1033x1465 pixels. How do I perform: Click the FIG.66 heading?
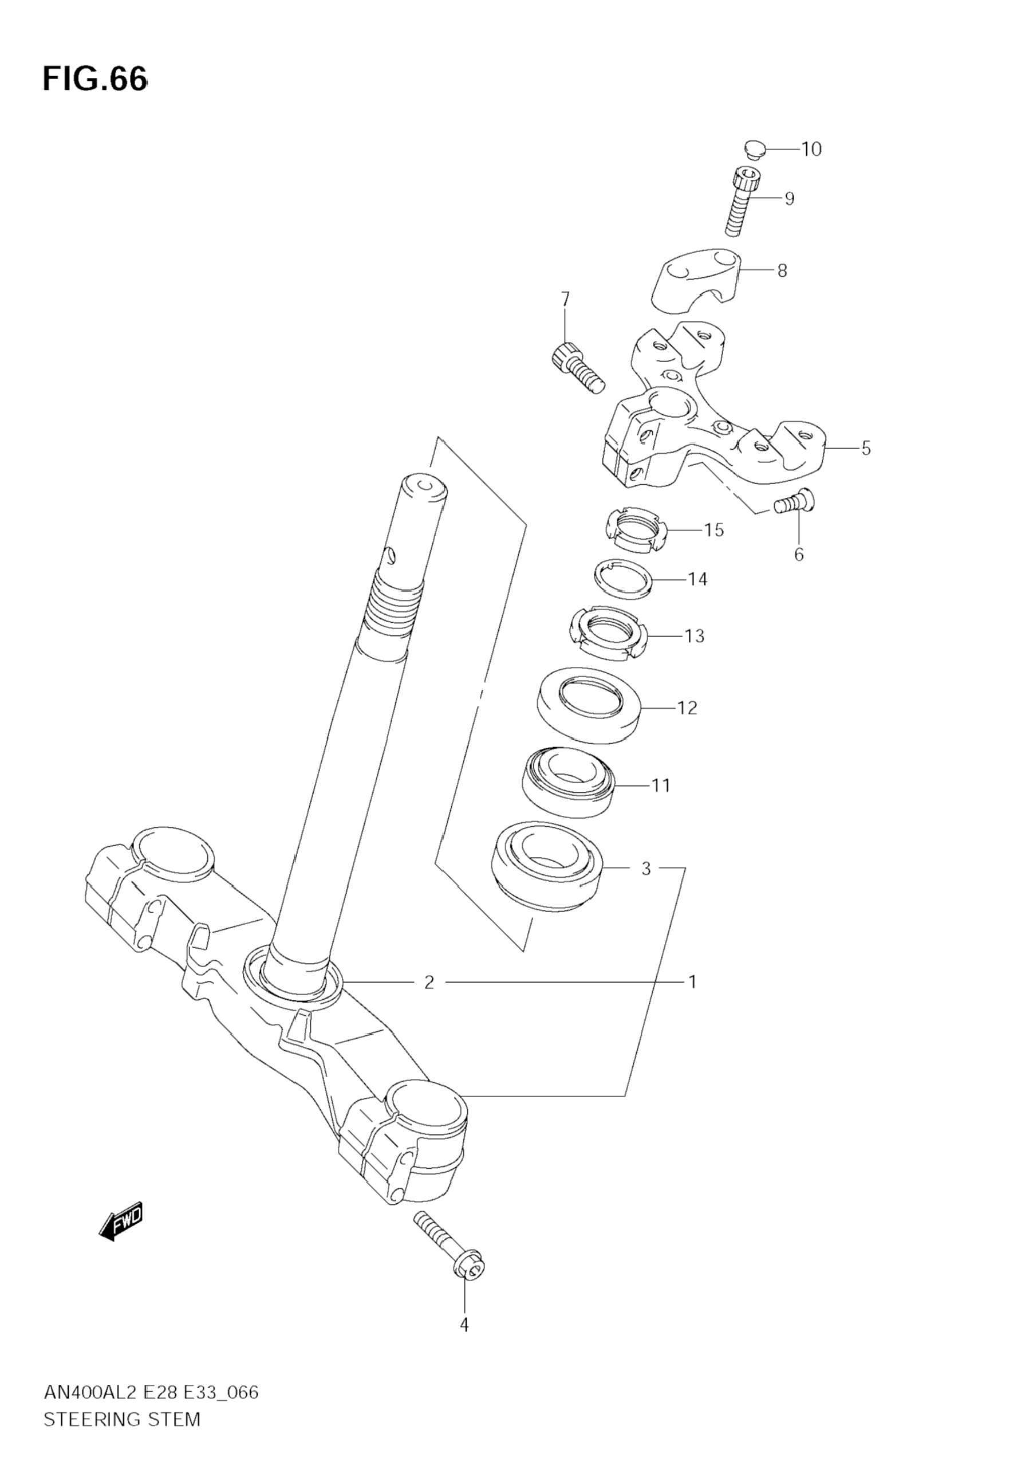[95, 78]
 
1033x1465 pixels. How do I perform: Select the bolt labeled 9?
[742, 201]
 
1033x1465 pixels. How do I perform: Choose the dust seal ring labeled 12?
[589, 705]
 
